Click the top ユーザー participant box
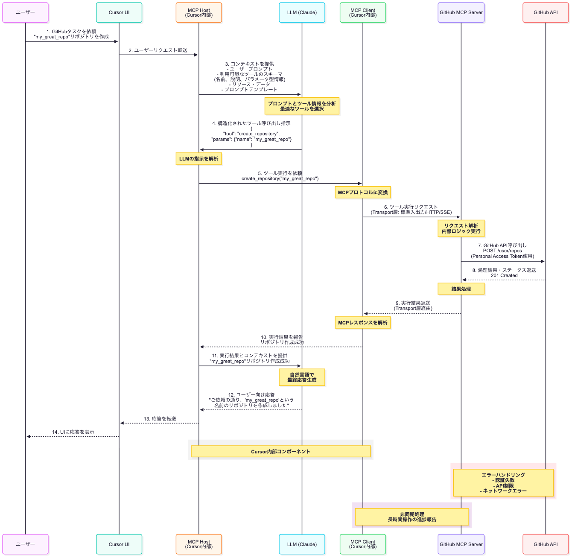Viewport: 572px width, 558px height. [x=25, y=12]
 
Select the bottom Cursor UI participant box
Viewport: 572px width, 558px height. [x=119, y=544]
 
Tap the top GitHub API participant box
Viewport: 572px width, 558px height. [x=546, y=12]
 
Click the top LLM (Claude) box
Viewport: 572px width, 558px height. [x=302, y=12]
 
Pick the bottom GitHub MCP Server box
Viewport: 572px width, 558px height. [x=461, y=544]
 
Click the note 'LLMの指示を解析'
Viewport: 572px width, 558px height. [x=198, y=159]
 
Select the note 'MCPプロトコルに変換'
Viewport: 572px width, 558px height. [x=363, y=192]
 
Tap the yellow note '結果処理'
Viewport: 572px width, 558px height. [x=461, y=289]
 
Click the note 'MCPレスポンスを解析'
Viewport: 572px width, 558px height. [x=363, y=322]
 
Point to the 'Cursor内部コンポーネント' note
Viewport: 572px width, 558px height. [x=281, y=451]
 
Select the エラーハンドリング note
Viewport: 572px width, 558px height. [x=503, y=482]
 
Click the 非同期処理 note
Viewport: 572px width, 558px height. [x=412, y=517]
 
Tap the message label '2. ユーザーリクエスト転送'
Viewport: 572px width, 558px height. [x=158, y=50]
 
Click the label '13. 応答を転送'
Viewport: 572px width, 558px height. [x=160, y=419]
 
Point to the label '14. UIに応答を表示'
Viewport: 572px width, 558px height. [x=73, y=432]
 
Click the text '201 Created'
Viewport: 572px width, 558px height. [x=504, y=275]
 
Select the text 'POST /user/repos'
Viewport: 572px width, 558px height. [x=502, y=251]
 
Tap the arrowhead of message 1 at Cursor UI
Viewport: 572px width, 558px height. [x=117, y=41]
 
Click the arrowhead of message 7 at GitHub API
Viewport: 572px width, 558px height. [x=543, y=261]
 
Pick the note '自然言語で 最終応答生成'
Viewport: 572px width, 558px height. [x=302, y=377]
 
